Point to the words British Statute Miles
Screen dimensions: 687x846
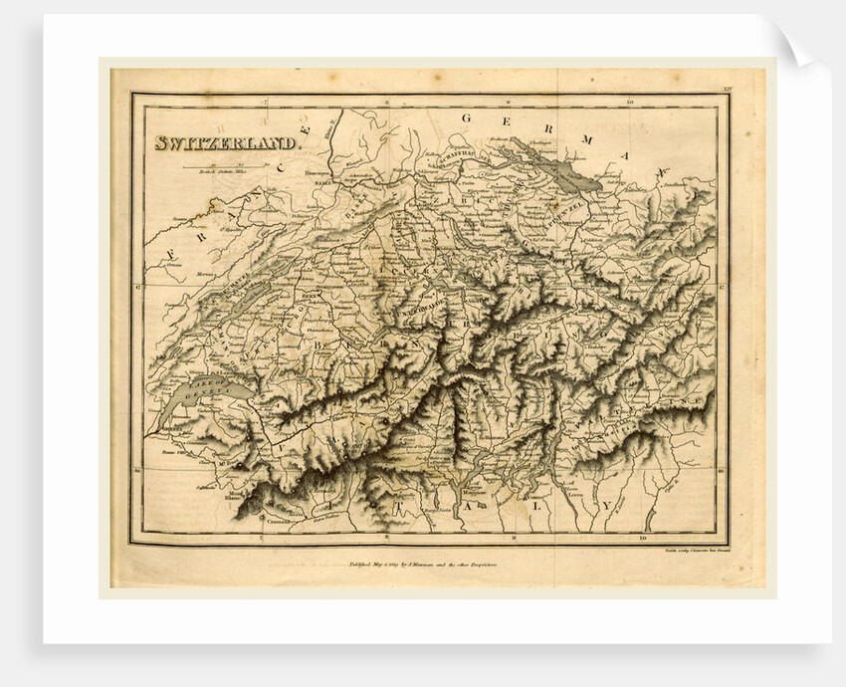click(x=221, y=172)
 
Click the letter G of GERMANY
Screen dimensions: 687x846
click(x=464, y=118)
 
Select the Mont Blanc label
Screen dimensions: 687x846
click(x=235, y=494)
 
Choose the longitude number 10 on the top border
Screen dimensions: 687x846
click(x=629, y=103)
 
